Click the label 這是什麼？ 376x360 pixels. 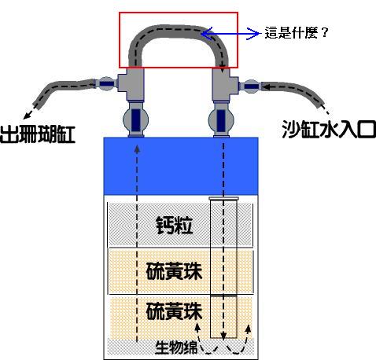tap(297, 33)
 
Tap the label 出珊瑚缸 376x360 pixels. tap(38, 134)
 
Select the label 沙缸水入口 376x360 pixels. tap(329, 130)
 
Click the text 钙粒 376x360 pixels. tap(175, 226)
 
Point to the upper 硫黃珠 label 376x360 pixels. tap(174, 271)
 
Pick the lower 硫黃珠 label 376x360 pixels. tap(174, 311)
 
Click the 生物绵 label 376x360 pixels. tap(176, 347)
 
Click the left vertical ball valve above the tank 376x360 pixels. tap(136, 119)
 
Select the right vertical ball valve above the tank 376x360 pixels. tap(221, 119)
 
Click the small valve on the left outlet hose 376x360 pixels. tap(107, 84)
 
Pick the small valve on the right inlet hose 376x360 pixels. tap(251, 86)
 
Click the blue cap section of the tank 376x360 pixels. tap(181, 166)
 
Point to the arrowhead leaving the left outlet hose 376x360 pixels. tap(27, 115)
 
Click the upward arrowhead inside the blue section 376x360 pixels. tap(137, 149)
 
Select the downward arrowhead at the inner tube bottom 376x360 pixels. tap(223, 335)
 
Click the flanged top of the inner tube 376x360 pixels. tap(223, 198)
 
